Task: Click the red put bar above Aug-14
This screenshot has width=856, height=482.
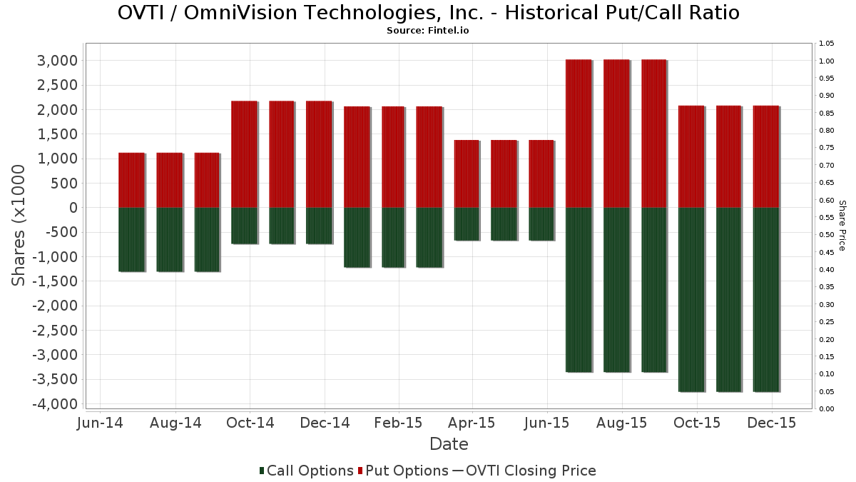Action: pos(169,180)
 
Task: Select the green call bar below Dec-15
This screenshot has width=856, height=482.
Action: pos(765,299)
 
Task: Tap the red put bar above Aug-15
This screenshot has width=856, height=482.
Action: pos(616,134)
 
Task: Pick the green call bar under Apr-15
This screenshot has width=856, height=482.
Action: pos(467,224)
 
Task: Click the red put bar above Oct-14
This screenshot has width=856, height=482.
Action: pos(244,154)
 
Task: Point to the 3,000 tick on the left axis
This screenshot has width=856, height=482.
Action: pos(56,61)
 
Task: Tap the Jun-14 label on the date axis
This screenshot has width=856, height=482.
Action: pos(100,423)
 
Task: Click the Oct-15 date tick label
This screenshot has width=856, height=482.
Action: pos(697,423)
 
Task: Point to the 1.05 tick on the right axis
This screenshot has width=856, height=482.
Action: pos(826,44)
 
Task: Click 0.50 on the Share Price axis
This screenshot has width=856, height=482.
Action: pos(826,235)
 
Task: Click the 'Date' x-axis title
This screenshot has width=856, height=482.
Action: pos(449,444)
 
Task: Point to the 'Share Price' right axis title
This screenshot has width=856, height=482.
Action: pos(842,225)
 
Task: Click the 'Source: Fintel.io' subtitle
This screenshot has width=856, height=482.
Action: pos(428,31)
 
